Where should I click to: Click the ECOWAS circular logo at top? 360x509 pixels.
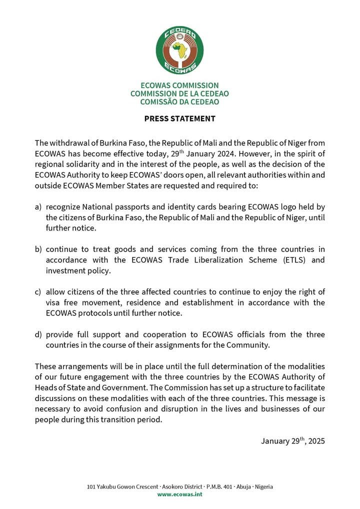point(179,49)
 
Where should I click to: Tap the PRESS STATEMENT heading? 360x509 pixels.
point(179,118)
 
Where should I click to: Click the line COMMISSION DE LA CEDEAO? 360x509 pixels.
point(179,93)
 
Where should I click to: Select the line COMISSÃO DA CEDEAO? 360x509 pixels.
point(179,101)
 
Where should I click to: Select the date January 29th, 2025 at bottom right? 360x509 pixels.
point(292,441)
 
